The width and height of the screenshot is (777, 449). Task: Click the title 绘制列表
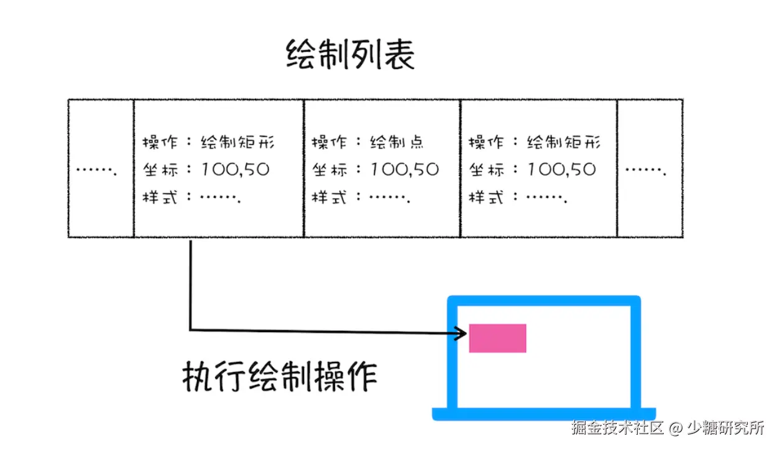tap(350, 55)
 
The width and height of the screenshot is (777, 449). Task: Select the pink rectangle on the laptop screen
tap(497, 338)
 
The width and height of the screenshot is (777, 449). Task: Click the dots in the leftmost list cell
tap(96, 170)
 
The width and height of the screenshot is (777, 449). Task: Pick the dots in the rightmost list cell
tap(646, 170)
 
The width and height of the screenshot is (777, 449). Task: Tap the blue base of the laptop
tap(543, 414)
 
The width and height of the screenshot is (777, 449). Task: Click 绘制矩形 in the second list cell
tap(237, 142)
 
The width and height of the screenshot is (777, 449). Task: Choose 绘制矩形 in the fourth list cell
tap(564, 142)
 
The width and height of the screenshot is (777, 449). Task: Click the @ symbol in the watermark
tap(676, 428)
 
